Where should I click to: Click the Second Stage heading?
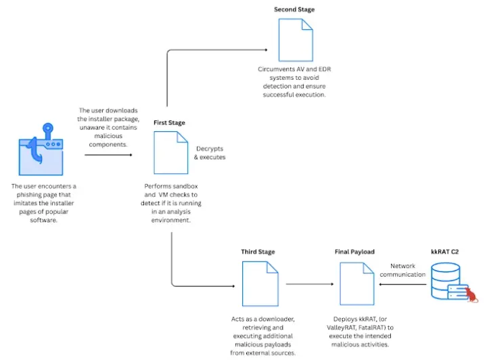[294, 9]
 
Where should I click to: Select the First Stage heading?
[169, 122]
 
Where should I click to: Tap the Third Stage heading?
[258, 252]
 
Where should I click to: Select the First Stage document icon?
[171, 152]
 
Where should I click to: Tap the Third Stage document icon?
[260, 283]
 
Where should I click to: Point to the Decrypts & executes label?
[210, 152]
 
